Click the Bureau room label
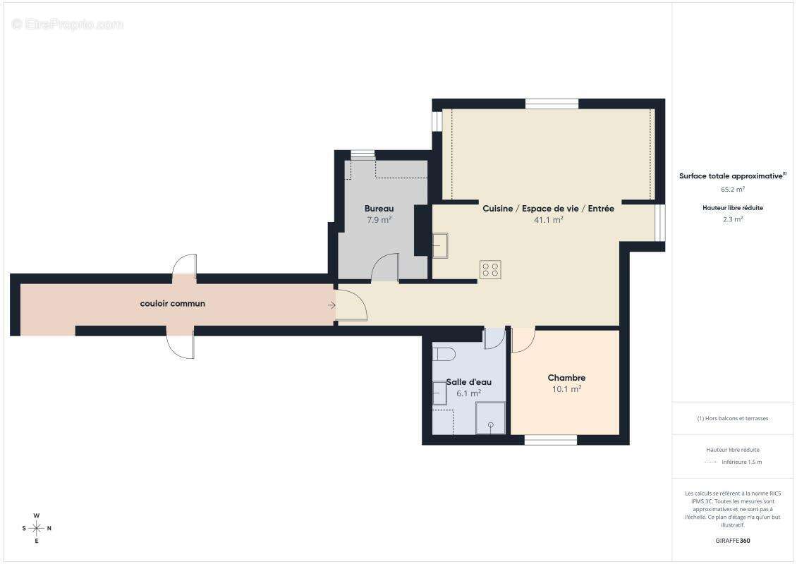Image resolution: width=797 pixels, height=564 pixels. point(379,209)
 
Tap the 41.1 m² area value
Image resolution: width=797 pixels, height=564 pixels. point(548,220)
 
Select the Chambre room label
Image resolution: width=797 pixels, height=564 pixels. point(566,378)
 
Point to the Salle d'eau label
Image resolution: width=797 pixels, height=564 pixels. point(468,382)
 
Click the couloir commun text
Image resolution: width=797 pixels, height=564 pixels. point(172,304)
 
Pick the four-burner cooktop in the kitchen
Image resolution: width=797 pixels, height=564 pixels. point(490,269)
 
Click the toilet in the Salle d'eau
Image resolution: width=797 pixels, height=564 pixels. point(444,353)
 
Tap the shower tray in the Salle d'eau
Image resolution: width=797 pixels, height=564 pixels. point(491,418)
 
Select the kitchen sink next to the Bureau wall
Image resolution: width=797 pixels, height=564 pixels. point(440,246)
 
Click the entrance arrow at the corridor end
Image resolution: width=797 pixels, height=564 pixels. point(331,305)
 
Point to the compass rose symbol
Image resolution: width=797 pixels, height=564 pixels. point(37,528)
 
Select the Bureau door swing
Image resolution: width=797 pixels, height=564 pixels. point(386,268)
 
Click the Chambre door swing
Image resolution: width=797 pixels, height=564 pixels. point(523,341)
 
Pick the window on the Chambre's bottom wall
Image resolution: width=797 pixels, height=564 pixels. point(551,440)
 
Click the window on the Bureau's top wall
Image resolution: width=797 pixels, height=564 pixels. point(363,154)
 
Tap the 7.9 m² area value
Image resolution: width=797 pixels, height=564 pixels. point(379,220)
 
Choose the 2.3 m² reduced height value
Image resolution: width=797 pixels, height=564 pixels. point(733,219)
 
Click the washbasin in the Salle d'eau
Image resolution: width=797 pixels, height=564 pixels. point(439,393)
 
